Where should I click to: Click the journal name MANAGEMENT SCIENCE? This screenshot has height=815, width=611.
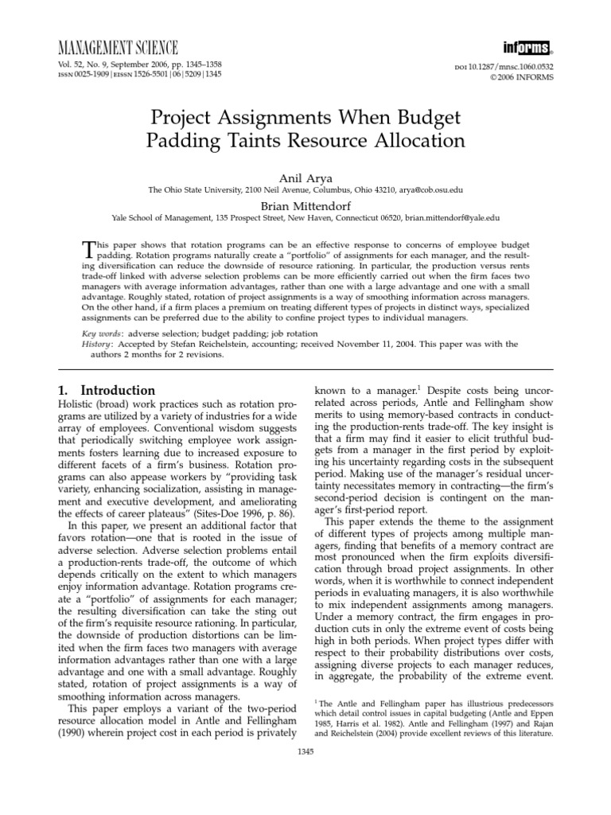tap(115, 48)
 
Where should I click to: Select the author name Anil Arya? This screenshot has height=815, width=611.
tap(305, 178)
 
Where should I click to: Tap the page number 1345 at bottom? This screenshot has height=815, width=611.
tap(305, 752)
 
